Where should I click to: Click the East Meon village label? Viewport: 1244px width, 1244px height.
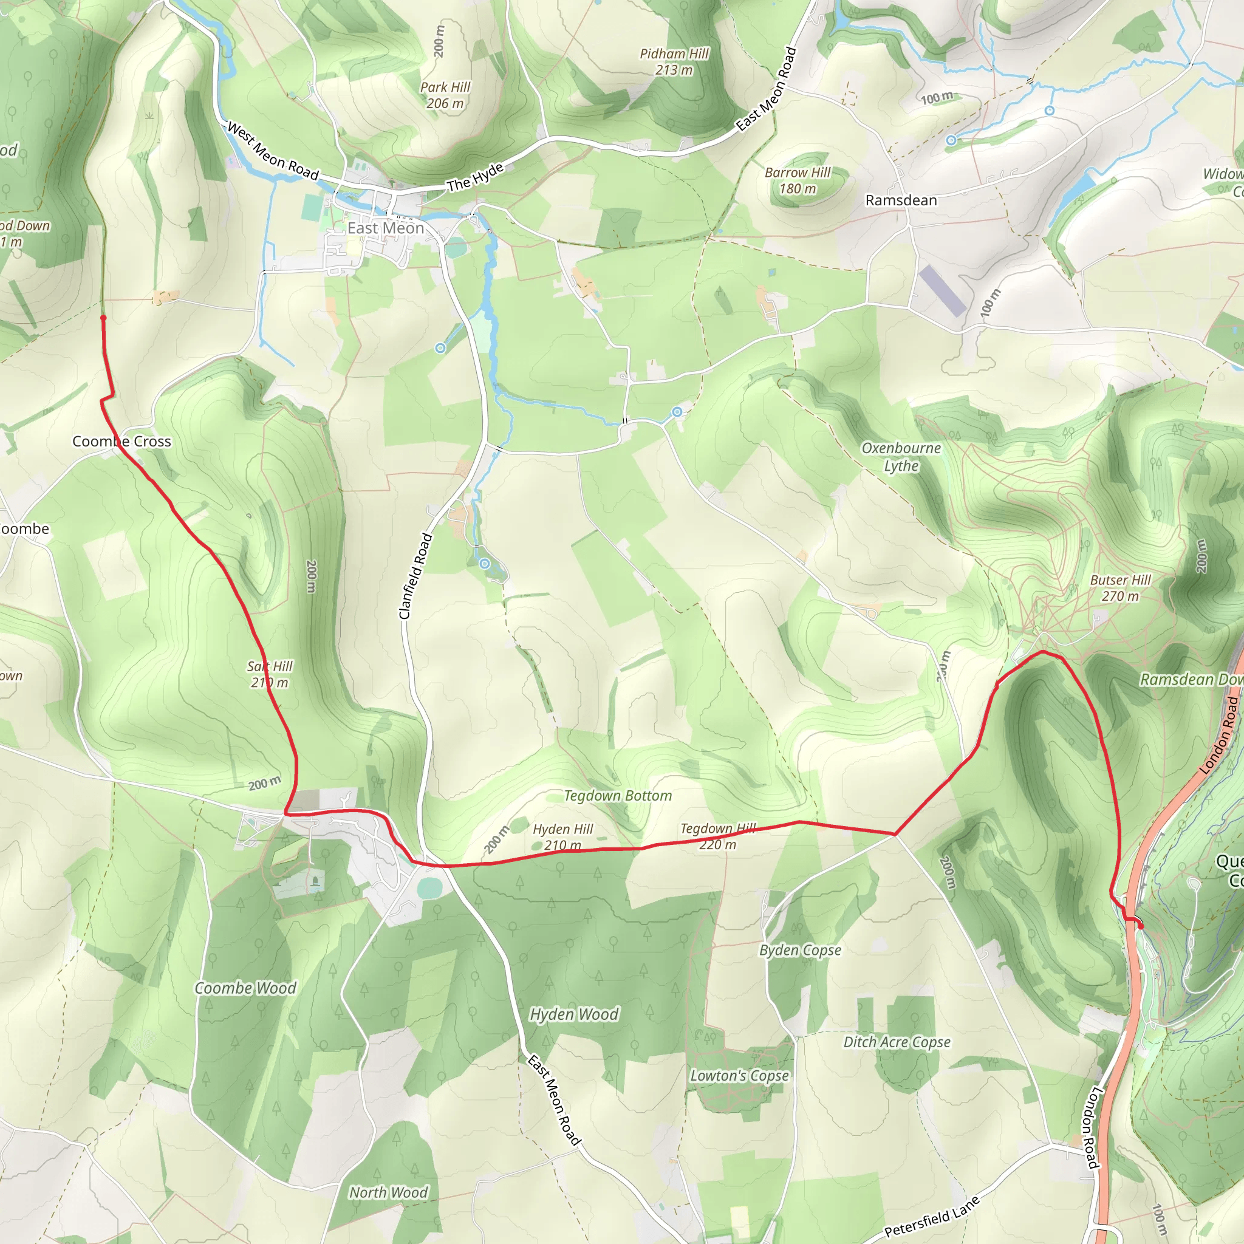pyautogui.click(x=386, y=228)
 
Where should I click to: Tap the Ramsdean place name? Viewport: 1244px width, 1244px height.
pyautogui.click(x=901, y=200)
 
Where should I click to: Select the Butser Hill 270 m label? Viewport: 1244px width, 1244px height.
pyautogui.click(x=1119, y=588)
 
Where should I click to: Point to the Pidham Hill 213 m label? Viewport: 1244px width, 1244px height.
pyautogui.click(x=674, y=62)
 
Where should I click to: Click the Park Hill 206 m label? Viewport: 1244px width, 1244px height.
pyautogui.click(x=445, y=95)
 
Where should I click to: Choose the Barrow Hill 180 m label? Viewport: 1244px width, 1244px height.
pyautogui.click(x=797, y=180)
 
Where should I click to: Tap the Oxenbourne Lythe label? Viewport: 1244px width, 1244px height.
pyautogui.click(x=901, y=457)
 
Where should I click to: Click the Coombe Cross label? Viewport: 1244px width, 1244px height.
pyautogui.click(x=121, y=441)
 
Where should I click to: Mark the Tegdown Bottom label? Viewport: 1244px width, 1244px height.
pyautogui.click(x=618, y=796)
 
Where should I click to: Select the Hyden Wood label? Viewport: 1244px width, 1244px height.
pyautogui.click(x=573, y=1014)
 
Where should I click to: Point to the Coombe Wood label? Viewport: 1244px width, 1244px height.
pyautogui.click(x=245, y=988)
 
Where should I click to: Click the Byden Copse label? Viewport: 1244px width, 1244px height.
pyautogui.click(x=800, y=950)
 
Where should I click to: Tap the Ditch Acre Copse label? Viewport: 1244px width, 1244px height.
pyautogui.click(x=897, y=1041)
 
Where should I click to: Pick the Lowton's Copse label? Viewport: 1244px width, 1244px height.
pyautogui.click(x=739, y=1075)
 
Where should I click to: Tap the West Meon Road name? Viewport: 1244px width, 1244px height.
pyautogui.click(x=273, y=151)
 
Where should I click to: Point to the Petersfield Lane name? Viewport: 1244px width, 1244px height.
pyautogui.click(x=931, y=1216)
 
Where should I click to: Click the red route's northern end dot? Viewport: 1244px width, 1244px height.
pyautogui.click(x=103, y=318)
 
